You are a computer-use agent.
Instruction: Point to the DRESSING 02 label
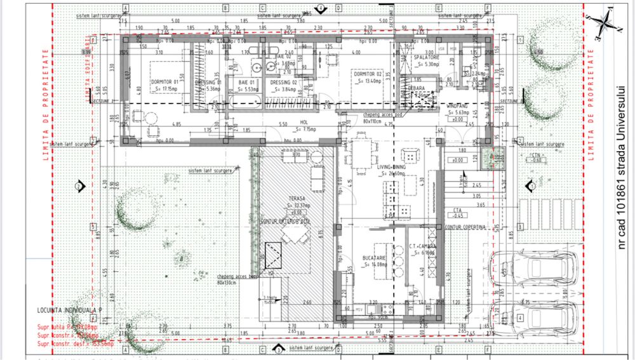(x=284, y=83)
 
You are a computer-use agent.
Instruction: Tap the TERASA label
(x=297, y=199)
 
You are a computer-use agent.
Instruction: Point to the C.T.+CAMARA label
(x=422, y=246)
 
